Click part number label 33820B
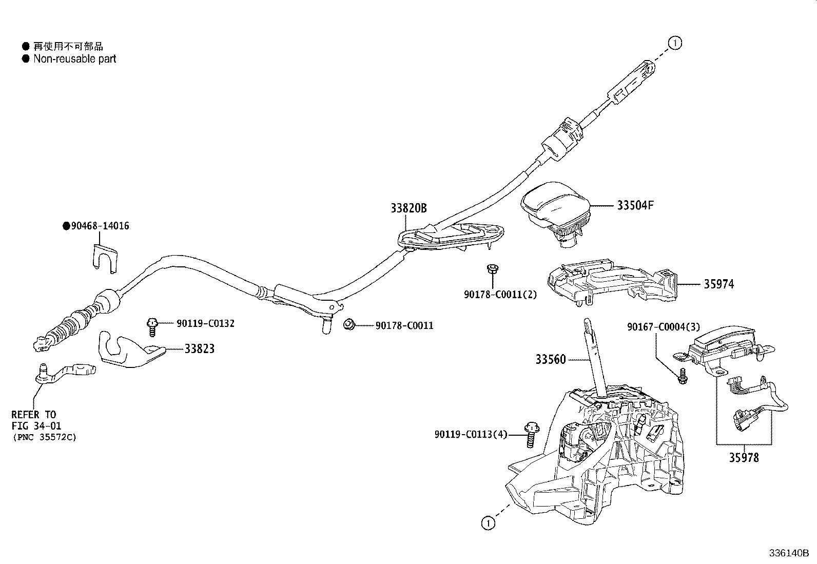408,208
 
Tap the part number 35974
718,284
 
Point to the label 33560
551,359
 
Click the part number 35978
744,457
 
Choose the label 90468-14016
96,226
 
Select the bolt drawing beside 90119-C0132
152,325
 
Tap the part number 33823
200,349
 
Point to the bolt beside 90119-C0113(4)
531,435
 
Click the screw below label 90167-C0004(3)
682,377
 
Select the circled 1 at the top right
675,44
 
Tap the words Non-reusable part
75,59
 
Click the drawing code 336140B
788,554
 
